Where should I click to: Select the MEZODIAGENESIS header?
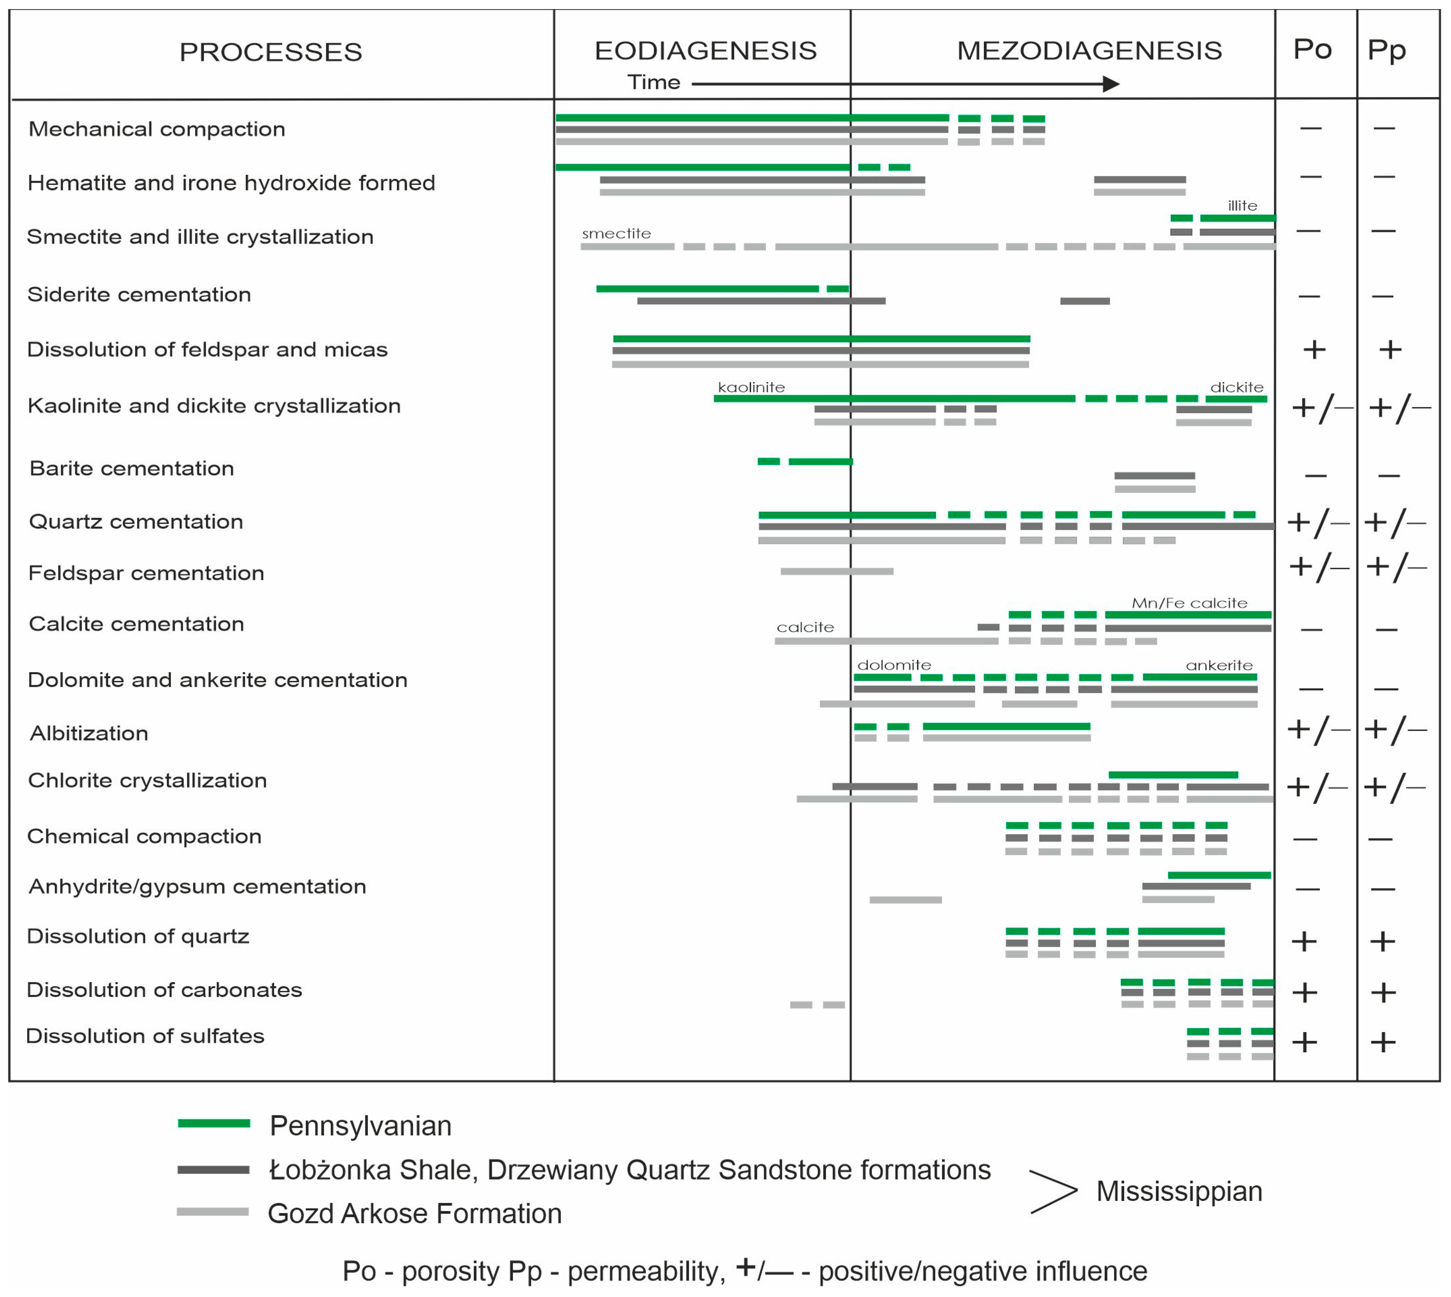pos(1089,51)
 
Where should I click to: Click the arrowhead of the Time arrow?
pos(1111,84)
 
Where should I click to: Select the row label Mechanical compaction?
pos(157,129)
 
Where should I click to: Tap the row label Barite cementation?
pos(132,468)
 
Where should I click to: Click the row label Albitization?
pos(89,733)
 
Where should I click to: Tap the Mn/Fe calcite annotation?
pos(1189,603)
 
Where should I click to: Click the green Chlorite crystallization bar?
pos(1173,775)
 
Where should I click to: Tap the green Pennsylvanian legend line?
pos(214,1123)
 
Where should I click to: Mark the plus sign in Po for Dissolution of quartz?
pos(1304,941)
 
